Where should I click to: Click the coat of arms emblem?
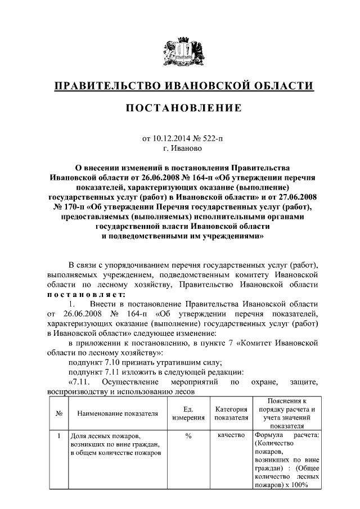179,51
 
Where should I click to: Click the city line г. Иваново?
179,148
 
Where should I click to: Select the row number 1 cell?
59,436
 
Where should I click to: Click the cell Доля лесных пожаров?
105,436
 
